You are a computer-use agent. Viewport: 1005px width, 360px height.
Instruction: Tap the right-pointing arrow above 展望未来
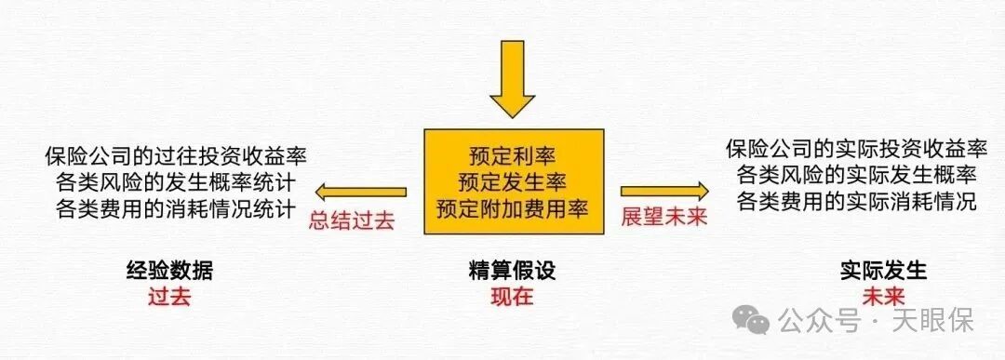664,193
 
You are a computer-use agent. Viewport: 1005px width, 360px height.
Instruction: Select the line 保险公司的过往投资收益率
176,153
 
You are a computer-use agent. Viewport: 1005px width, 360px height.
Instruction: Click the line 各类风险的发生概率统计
176,178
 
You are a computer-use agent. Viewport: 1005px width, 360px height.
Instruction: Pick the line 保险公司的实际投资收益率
856,149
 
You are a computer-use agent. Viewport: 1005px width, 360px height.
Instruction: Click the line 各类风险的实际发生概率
856,174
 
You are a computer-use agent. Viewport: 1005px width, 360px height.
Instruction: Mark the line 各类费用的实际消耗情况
856,199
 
